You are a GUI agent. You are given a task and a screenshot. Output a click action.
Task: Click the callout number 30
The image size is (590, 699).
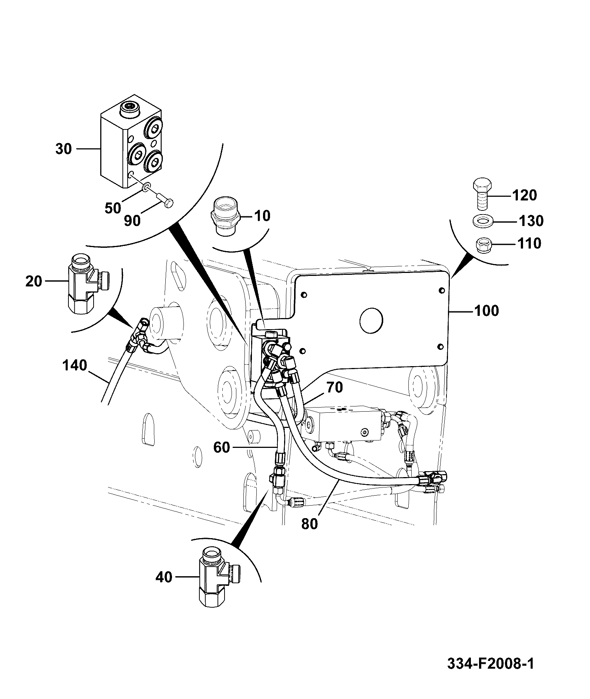tap(63, 149)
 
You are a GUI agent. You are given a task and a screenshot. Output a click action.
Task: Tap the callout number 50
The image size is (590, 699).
tap(113, 208)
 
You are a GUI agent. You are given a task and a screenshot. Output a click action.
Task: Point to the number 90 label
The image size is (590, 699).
tap(132, 221)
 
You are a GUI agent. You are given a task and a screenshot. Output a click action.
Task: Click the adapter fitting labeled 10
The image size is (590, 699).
tap(225, 215)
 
